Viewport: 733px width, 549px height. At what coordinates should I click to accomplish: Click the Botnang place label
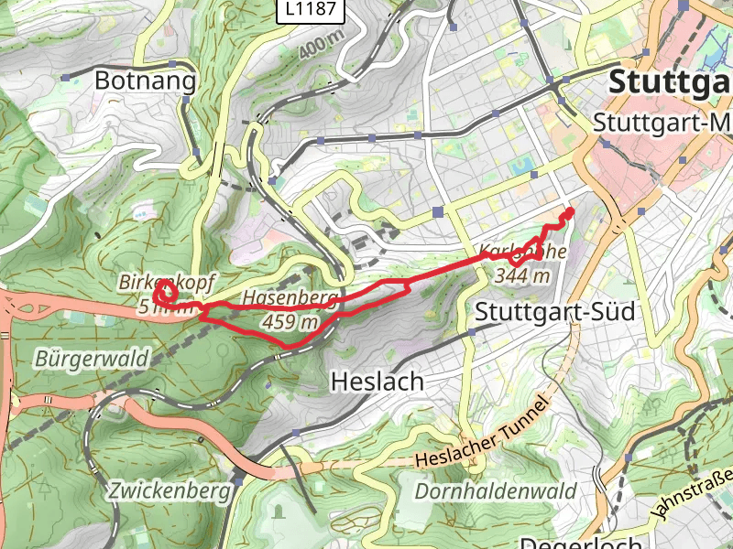146,81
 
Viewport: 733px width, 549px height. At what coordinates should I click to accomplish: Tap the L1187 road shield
312,10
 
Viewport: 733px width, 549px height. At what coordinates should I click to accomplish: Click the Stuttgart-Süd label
554,312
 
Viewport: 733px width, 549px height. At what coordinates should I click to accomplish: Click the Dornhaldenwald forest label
496,491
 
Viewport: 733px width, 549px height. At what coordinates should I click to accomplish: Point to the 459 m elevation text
290,322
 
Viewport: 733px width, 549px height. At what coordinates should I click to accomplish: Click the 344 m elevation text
522,274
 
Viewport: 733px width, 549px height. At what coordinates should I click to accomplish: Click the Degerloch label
569,540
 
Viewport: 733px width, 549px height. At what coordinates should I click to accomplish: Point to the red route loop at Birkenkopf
165,293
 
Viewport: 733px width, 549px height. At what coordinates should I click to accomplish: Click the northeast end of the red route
571,210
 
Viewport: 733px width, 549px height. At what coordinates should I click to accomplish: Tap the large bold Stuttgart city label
669,81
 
